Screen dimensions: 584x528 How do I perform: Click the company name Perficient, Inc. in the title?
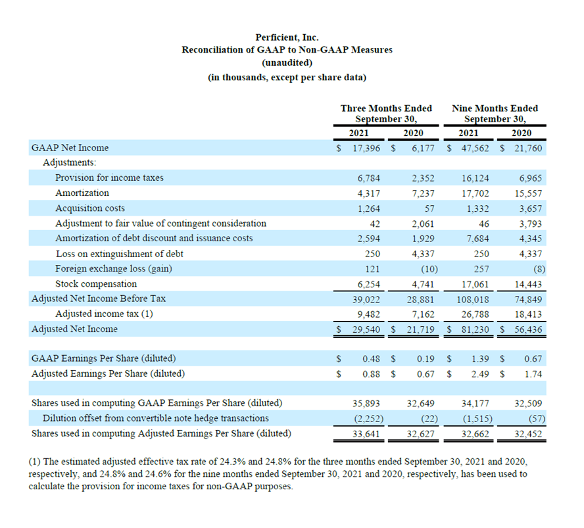coord(287,37)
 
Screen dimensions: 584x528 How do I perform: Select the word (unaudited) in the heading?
coord(287,62)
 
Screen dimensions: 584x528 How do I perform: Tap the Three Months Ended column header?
coord(386,108)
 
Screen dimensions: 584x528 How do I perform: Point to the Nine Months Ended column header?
coord(495,108)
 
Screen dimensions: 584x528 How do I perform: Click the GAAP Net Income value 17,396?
coord(366,148)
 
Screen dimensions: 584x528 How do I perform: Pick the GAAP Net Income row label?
coord(70,148)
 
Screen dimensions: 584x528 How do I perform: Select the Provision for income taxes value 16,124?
coord(475,178)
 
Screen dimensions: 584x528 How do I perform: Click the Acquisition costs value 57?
coord(429,209)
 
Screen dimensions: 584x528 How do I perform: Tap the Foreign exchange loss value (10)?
coord(429,269)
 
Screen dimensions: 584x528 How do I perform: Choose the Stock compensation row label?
coord(96,284)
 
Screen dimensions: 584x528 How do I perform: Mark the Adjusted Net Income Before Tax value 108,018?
coord(473,300)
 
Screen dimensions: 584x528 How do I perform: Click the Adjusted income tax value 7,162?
coord(423,315)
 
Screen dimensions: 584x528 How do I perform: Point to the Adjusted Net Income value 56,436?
coord(529,329)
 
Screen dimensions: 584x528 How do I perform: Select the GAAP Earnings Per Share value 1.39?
coord(480,359)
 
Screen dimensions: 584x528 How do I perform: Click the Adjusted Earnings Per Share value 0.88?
coord(372,374)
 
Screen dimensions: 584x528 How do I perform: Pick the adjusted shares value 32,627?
coord(420,434)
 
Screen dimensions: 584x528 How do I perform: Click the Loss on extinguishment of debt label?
coord(120,254)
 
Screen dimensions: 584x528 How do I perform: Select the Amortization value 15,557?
coord(529,193)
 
